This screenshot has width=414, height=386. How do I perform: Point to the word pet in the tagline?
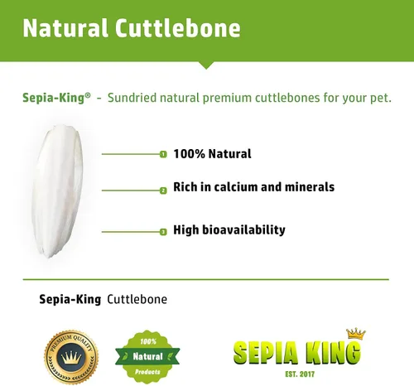click(x=378, y=98)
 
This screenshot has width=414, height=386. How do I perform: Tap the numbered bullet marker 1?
click(x=163, y=155)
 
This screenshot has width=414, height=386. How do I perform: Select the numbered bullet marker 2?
click(x=163, y=190)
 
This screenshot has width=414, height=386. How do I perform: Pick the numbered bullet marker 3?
click(x=163, y=232)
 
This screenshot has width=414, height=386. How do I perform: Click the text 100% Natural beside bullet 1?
click(x=212, y=154)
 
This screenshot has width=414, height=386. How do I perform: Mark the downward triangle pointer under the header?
click(x=206, y=64)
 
